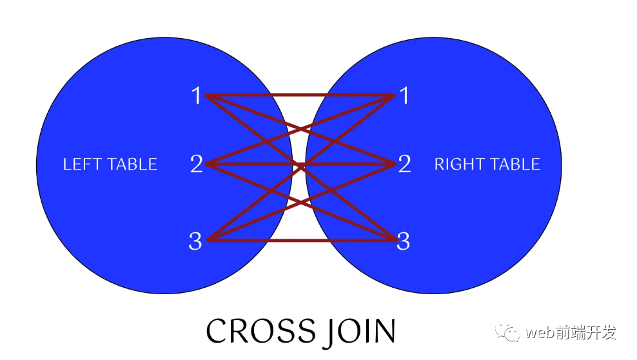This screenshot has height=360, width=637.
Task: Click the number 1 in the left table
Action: pos(196,96)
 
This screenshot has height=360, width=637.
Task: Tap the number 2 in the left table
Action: pos(196,165)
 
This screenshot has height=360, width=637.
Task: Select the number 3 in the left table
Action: pos(195,242)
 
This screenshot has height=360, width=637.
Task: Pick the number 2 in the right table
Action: pos(404,165)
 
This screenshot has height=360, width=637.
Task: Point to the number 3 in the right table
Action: pos(404,242)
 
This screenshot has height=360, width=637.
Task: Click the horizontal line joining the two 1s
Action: pos(300,95)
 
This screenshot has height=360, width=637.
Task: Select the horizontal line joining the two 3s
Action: pos(300,241)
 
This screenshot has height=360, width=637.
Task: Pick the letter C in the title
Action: pos(218,331)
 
